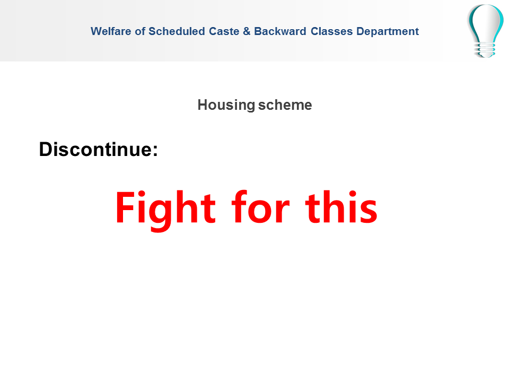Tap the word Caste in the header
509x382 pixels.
tap(224, 31)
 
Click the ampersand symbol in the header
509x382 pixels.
tap(247, 31)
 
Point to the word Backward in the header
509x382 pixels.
tap(280, 31)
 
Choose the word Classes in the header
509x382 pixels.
tap(332, 31)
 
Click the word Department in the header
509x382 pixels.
tap(388, 31)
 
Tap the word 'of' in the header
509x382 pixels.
tap(140, 31)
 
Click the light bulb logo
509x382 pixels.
tap(486, 31)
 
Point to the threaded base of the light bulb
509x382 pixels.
tap(485, 50)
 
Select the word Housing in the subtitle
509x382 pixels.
tap(226, 105)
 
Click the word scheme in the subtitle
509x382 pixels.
tap(285, 105)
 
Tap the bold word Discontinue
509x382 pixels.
tap(96, 149)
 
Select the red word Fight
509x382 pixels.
tap(165, 209)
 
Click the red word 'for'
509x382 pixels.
tap(260, 207)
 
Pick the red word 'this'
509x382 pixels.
tap(341, 207)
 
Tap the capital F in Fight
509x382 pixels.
tap(125, 207)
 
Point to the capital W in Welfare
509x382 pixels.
tap(96, 31)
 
